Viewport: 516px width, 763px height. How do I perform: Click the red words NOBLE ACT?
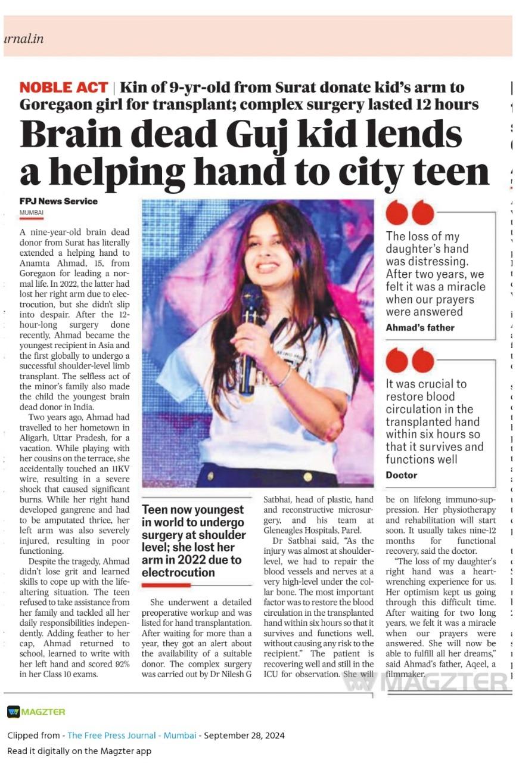coord(64,88)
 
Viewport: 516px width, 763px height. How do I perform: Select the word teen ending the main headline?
coord(449,173)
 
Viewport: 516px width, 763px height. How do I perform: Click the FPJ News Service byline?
coord(58,201)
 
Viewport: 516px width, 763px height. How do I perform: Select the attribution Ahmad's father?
coord(420,327)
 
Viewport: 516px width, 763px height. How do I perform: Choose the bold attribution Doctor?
coord(402,475)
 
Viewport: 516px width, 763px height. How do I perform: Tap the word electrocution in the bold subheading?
coord(178,572)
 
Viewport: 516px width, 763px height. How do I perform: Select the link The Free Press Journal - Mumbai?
coord(132,735)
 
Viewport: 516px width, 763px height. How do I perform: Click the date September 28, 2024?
coord(244,735)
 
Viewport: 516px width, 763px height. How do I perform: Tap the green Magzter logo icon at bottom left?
coord(14,712)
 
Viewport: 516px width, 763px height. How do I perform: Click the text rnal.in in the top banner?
coord(24,39)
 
